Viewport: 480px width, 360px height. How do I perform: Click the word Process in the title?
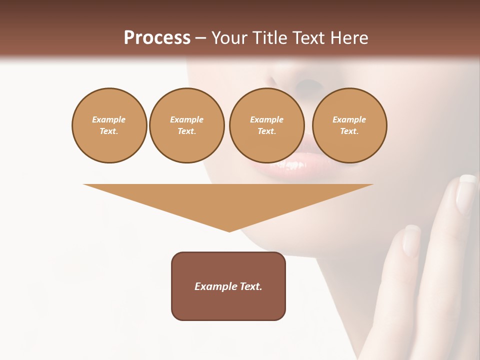[x=157, y=38]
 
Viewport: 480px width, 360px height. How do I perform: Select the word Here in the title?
[x=349, y=38]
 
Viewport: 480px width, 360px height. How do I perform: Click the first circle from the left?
[x=109, y=125]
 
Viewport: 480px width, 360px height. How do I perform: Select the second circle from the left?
[x=187, y=125]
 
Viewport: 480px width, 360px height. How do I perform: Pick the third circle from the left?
[x=266, y=125]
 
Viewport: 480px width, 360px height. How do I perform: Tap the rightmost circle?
[x=349, y=125]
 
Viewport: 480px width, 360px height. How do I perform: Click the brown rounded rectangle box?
[x=228, y=286]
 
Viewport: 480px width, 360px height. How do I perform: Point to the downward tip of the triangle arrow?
[x=229, y=230]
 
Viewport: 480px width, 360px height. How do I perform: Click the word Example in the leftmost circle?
[x=109, y=119]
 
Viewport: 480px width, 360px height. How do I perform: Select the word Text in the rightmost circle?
[x=349, y=131]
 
